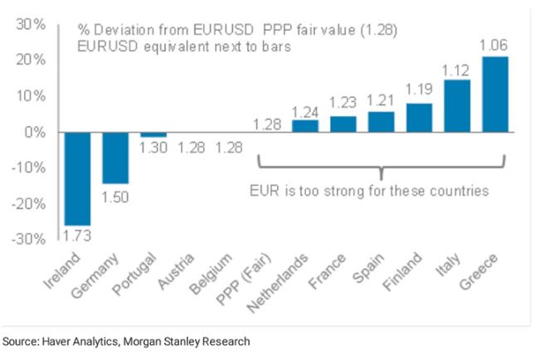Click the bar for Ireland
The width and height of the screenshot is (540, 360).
coord(78,178)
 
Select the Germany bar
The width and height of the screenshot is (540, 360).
coord(116,158)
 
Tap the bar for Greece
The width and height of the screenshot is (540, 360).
coord(495,94)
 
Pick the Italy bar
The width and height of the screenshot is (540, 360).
coord(457,105)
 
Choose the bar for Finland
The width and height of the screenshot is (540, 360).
coord(420,117)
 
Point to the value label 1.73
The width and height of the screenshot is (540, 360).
coord(78,236)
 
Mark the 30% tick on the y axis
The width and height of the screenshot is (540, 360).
coord(31,25)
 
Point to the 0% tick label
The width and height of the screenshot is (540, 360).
coord(35,132)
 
